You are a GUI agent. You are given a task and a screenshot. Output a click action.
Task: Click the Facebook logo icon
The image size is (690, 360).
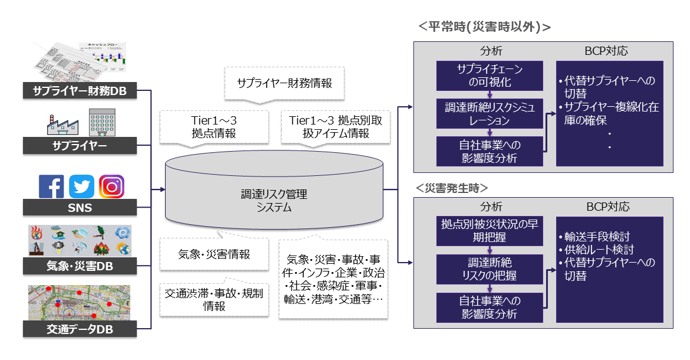51,186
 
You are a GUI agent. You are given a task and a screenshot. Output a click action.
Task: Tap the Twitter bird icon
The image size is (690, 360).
81,186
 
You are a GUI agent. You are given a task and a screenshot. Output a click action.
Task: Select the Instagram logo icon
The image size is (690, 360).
111,186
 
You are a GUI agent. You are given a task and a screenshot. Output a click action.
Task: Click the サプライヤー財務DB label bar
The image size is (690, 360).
80,91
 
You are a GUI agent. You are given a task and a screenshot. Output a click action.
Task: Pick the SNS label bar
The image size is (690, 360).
80,208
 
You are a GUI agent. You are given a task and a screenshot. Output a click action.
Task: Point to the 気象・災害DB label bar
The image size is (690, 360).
80,267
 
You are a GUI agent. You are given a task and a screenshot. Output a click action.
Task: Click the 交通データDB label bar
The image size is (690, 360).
80,329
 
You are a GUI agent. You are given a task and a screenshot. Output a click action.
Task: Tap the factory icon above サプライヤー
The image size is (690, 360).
62,124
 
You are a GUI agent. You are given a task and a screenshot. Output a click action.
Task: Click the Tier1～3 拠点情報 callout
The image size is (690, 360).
213,127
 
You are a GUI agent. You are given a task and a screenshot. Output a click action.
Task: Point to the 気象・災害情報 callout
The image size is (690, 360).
214,255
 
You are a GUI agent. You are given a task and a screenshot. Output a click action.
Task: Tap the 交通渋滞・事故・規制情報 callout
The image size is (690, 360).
214,299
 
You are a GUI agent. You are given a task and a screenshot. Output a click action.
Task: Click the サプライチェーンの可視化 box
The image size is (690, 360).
489,75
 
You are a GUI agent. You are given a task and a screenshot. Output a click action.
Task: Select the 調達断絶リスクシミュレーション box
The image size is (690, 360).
489,113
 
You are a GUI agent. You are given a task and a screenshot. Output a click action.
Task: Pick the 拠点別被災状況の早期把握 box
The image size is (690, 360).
489,231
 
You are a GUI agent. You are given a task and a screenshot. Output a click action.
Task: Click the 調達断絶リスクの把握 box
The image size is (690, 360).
489,269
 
